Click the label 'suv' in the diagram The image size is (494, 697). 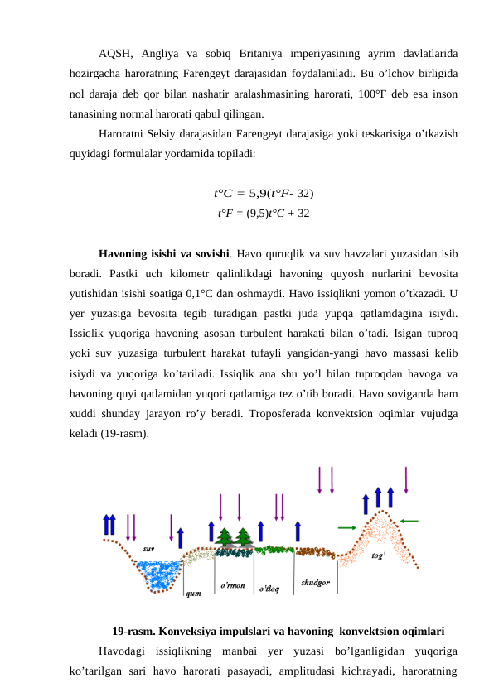point(148,549)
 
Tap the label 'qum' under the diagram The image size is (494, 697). point(192,593)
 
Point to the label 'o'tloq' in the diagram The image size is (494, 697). point(269,589)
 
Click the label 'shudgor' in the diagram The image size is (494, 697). point(315,582)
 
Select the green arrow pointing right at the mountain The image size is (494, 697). point(347,527)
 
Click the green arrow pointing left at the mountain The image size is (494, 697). point(409,521)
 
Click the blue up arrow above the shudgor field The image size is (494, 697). point(298,535)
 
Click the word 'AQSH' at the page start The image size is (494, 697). point(114,54)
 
